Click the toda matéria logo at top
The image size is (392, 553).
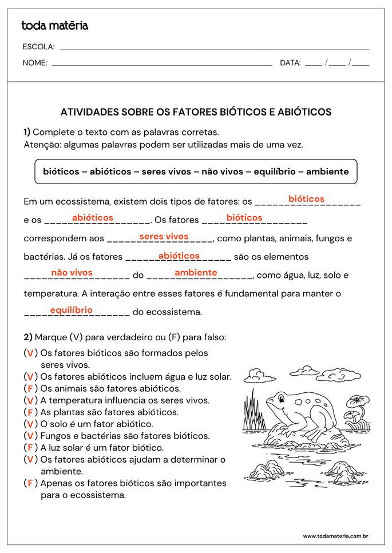tap(54, 26)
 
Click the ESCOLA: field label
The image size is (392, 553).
tap(38, 47)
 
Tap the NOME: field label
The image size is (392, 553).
tap(35, 63)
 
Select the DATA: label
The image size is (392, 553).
tap(290, 63)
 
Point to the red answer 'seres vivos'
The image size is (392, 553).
tap(164, 237)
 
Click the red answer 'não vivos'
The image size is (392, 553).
tap(72, 273)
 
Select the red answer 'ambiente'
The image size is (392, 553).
tap(196, 273)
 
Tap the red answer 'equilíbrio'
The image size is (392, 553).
tap(71, 310)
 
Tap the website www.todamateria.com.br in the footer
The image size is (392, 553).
tap(335, 536)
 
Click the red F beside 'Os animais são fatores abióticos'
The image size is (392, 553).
tap(30, 389)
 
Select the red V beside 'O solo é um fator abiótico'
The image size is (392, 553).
tap(30, 424)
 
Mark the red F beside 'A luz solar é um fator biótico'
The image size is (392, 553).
tap(30, 448)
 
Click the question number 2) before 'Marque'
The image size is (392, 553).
tap(27, 337)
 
